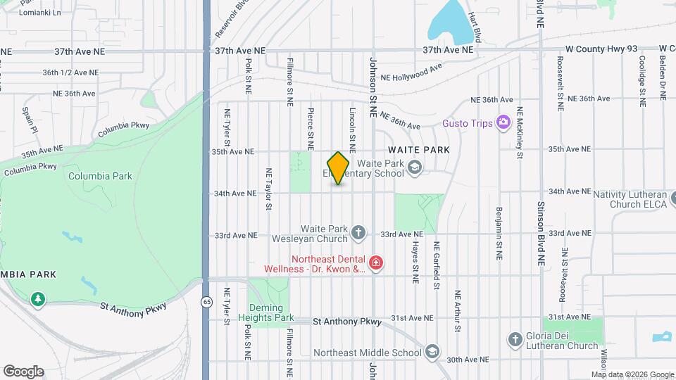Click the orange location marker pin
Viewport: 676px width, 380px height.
(339, 167)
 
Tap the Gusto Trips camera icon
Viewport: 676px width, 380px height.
(503, 123)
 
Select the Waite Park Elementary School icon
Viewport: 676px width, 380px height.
(415, 167)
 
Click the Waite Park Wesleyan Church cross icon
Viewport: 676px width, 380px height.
(358, 232)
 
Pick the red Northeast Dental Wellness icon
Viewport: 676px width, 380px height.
(376, 263)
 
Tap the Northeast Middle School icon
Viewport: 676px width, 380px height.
(432, 352)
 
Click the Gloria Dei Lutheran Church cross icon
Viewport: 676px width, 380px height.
(515, 340)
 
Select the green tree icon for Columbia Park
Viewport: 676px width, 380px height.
(37, 299)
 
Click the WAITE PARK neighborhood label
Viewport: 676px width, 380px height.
(418, 151)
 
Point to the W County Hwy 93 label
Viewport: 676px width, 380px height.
(601, 49)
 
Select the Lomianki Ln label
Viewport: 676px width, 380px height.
(40, 13)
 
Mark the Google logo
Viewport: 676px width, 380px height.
(23, 371)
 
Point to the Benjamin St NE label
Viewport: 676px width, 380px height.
(499, 232)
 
